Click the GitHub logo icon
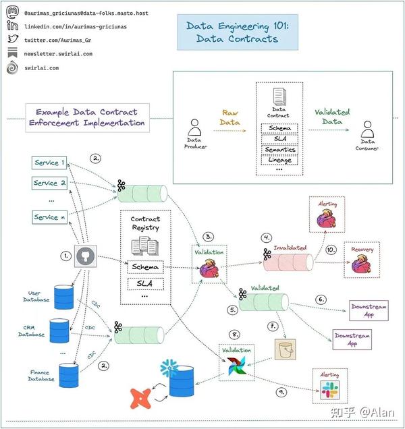pos(86,256)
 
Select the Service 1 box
pos(49,163)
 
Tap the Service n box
pos(49,217)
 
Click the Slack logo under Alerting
pos(330,390)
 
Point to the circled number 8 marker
pos(234,335)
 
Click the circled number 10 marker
pos(331,250)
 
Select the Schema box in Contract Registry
pos(145,267)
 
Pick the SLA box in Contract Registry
pos(146,284)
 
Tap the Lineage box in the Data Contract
pos(279,160)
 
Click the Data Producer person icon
pos(194,127)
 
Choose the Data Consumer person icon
pos(367,129)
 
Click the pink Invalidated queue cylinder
pos(288,262)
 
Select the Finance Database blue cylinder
pos(69,375)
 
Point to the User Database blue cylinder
pos(64,297)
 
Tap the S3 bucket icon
pos(285,349)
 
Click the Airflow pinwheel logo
pos(237,366)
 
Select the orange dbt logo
pos(140,399)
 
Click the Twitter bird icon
pos(13,39)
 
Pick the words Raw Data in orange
pos(230,117)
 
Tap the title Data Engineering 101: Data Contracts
pos(238,32)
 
